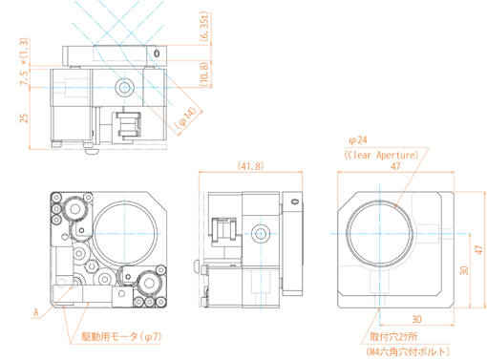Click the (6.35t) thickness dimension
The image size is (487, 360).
coord(204,26)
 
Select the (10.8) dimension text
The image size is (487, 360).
coord(204,74)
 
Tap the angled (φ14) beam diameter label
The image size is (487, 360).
coord(187,117)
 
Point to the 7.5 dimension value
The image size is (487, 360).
coord(24,77)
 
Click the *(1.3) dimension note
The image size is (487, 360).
coord(24,52)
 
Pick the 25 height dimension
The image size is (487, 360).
coord(24,117)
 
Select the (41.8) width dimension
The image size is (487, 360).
coord(250,166)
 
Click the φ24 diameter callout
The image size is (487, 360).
coord(358,140)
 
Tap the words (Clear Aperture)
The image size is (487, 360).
coord(381,155)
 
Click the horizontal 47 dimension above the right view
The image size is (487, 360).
coord(395,166)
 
